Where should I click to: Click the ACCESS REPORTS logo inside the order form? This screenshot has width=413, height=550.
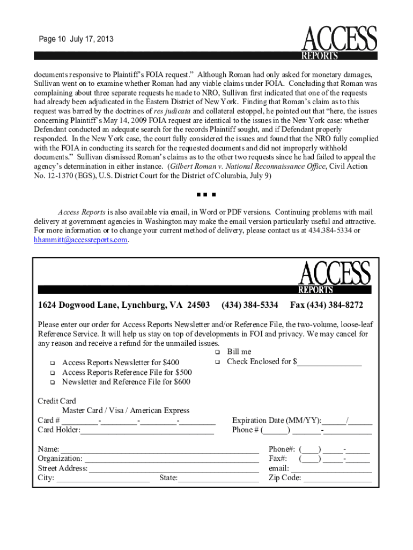coord(334,277)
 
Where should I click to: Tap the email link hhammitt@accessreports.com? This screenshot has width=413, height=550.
coord(81,240)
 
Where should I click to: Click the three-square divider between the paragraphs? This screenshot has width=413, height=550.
coord(205,194)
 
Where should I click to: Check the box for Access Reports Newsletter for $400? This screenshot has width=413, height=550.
coord(53,363)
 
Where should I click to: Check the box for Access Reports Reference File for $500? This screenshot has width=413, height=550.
coord(53,372)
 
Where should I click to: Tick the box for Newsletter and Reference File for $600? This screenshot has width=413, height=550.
coord(53,382)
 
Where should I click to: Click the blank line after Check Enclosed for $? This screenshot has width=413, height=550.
coord(329,363)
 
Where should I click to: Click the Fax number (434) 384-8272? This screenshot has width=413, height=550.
coord(327,305)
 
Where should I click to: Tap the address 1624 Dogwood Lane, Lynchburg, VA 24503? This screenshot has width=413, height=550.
coord(124,305)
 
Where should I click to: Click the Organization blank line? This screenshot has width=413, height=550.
coord(172,459)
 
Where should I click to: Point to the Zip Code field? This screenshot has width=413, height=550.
coord(337,478)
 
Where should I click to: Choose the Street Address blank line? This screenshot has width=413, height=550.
coord(174,468)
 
